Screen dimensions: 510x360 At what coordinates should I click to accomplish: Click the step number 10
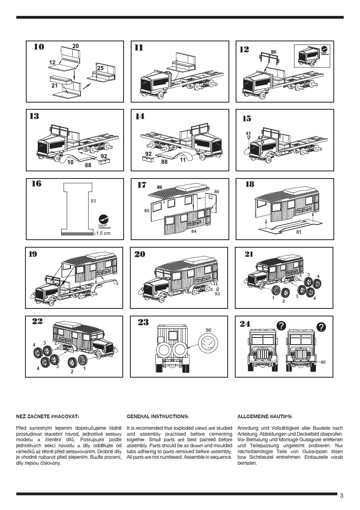pyautogui.click(x=39, y=47)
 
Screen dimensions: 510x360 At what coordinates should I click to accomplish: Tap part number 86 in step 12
pyautogui.click(x=273, y=52)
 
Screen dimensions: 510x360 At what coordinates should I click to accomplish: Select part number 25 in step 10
pyautogui.click(x=100, y=68)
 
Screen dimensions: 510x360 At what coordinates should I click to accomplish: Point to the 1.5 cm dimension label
pyautogui.click(x=103, y=233)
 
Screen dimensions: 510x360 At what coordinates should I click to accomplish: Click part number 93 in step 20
pyautogui.click(x=217, y=294)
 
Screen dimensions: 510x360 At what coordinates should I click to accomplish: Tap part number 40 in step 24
pyautogui.click(x=323, y=362)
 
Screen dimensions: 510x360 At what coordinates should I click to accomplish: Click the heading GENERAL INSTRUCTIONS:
pyautogui.click(x=157, y=417)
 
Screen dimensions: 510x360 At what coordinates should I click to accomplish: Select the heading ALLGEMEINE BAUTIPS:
pyautogui.click(x=265, y=417)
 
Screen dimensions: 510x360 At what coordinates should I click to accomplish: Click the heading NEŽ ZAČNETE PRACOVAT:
pyautogui.click(x=48, y=417)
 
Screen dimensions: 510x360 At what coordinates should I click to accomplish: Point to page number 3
pyautogui.click(x=342, y=495)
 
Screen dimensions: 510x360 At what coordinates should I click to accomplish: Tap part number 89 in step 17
pyautogui.click(x=159, y=187)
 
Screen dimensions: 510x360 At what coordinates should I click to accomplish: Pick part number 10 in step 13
pyautogui.click(x=70, y=162)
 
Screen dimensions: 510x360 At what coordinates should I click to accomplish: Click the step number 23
pyautogui.click(x=143, y=322)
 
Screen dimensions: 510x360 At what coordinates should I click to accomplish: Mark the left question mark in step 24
pyautogui.click(x=281, y=326)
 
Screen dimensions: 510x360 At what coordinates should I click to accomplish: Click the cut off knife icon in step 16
pyautogui.click(x=104, y=218)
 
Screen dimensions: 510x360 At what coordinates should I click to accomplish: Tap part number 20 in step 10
pyautogui.click(x=75, y=46)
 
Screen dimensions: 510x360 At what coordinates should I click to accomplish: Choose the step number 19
pyautogui.click(x=33, y=254)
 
